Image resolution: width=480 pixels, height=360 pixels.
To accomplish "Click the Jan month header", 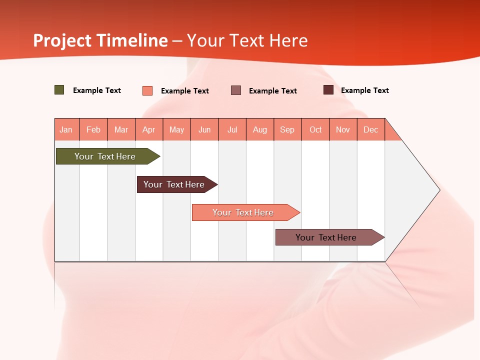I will click(x=66, y=129).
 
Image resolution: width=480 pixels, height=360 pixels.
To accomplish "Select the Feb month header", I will click(x=93, y=129).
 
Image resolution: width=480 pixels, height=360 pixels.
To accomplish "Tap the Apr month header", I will click(x=148, y=129).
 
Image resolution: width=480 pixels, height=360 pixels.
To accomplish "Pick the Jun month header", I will click(x=204, y=129).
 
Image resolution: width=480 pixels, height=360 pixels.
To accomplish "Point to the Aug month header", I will click(x=259, y=129).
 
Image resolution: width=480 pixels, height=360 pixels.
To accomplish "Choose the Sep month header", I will click(x=287, y=129).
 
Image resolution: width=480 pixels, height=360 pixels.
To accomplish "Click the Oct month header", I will click(x=315, y=129).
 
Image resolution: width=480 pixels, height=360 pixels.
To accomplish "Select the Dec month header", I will click(x=370, y=129).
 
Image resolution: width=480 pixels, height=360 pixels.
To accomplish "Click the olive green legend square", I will click(x=59, y=90).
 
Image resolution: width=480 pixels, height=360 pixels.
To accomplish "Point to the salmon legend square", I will click(x=147, y=90).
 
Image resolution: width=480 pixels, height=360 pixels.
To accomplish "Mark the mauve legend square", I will click(x=236, y=90).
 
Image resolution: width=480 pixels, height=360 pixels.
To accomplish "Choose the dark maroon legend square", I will click(x=328, y=90).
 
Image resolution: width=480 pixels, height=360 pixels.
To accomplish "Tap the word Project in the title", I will click(x=62, y=40).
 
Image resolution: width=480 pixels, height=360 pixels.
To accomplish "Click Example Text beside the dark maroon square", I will click(x=364, y=90).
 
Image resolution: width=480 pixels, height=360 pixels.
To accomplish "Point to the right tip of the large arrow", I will click(x=439, y=190).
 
